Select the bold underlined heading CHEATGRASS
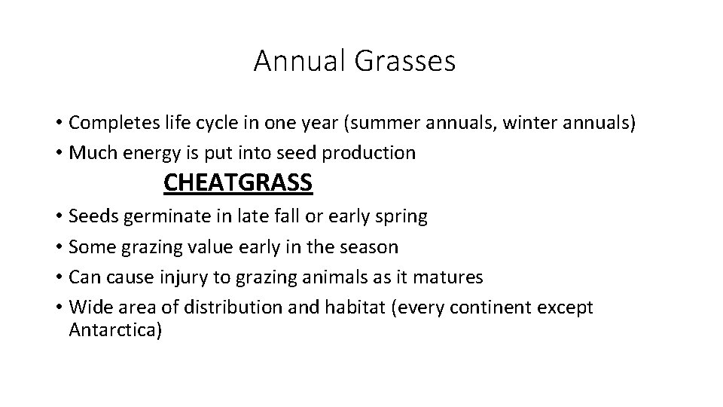coord(238,183)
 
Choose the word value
coord(215,247)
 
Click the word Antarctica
coord(114,330)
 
